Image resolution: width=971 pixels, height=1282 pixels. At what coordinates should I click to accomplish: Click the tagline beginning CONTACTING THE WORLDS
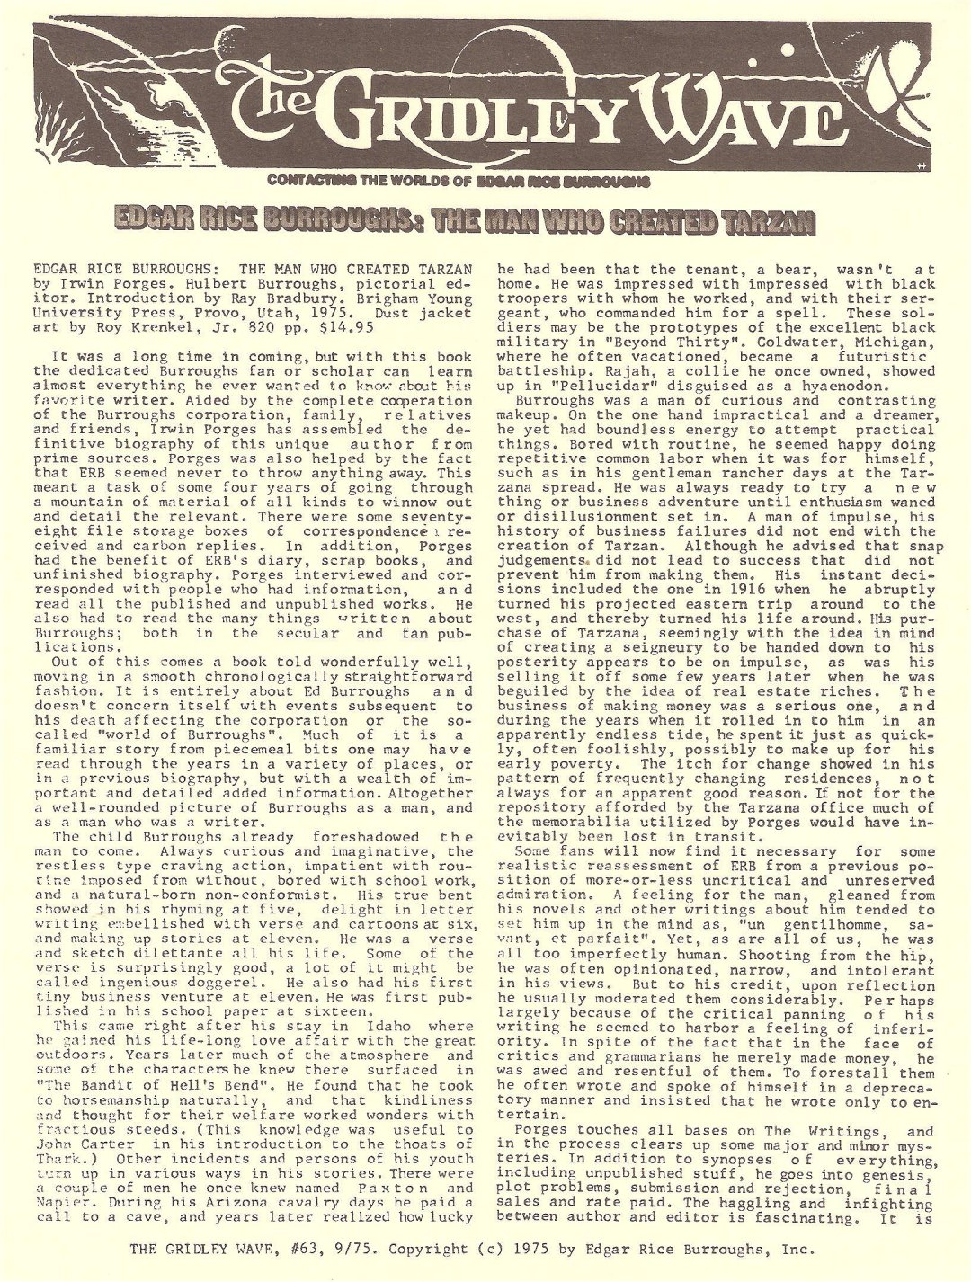[x=459, y=181]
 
